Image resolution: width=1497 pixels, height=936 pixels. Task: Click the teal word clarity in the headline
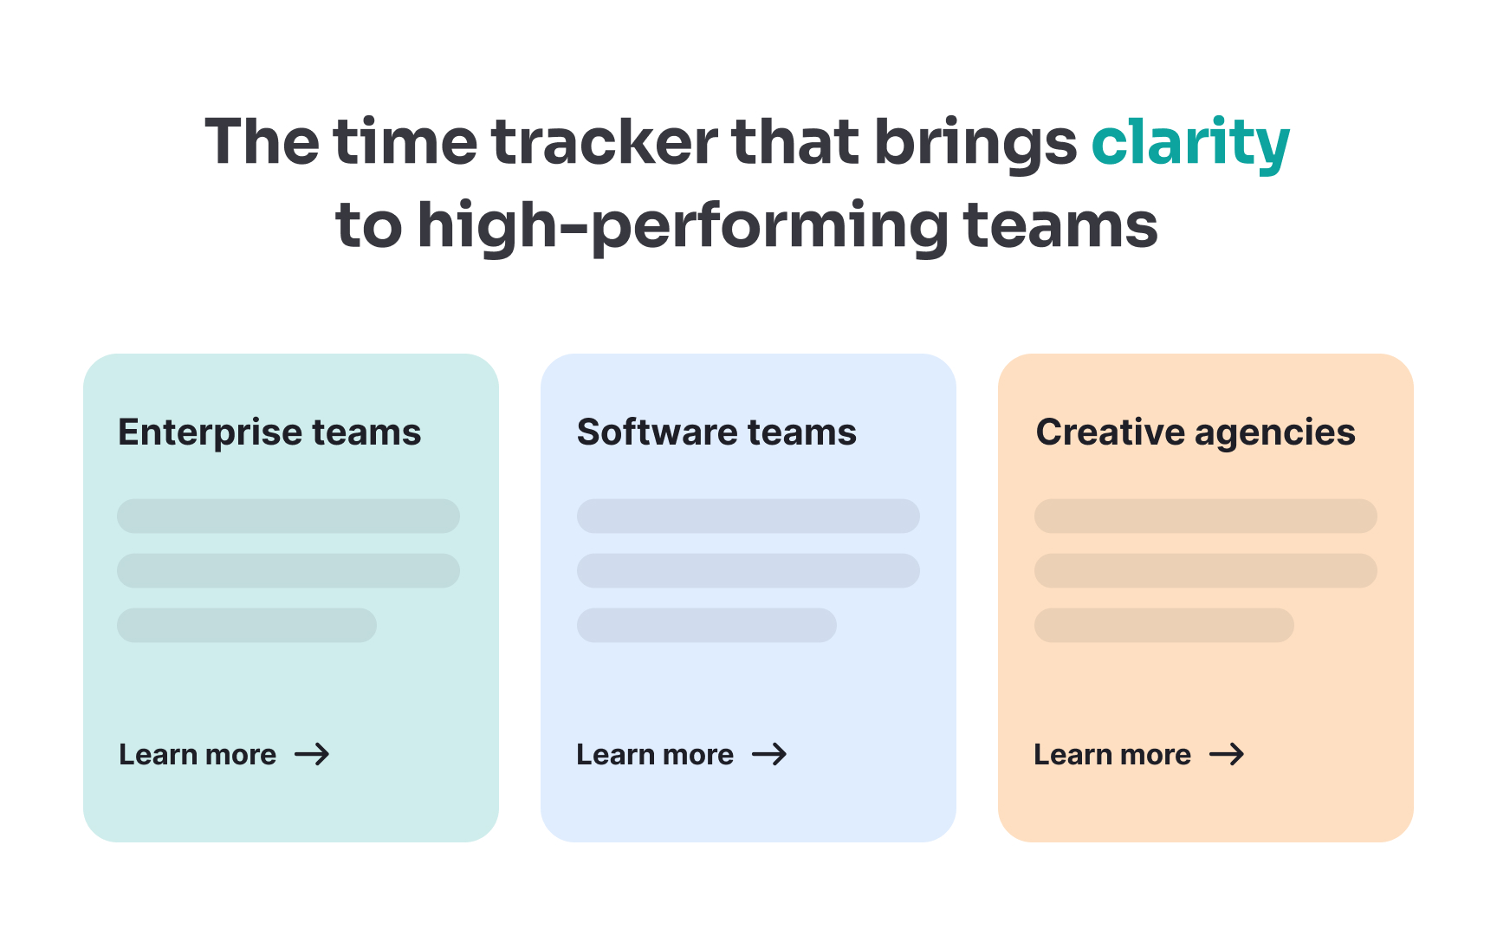point(1190,143)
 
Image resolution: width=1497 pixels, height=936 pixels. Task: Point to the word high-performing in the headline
point(684,225)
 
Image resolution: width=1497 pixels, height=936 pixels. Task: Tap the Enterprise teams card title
point(269,432)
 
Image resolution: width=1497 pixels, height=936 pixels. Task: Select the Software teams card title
point(716,432)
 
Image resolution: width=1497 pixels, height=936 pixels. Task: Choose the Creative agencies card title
point(1196,432)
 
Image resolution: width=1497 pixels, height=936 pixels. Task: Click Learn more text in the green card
point(198,755)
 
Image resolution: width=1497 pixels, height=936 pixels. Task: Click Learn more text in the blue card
point(655,755)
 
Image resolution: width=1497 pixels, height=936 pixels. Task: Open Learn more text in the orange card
point(1112,755)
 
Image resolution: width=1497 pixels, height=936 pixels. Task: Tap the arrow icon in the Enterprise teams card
point(312,754)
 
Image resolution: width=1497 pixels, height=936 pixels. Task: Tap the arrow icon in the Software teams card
point(769,754)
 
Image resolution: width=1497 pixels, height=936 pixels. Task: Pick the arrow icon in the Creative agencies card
point(1227,754)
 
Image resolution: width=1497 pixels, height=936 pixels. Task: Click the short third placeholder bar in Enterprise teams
point(247,625)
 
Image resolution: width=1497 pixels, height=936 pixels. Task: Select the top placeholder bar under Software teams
point(748,516)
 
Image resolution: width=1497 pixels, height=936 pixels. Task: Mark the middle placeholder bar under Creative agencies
point(1205,570)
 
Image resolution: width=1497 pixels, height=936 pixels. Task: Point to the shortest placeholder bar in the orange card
point(1163,625)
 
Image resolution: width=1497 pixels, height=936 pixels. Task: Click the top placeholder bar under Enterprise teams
point(288,516)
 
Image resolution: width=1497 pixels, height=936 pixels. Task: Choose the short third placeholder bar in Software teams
point(706,625)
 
